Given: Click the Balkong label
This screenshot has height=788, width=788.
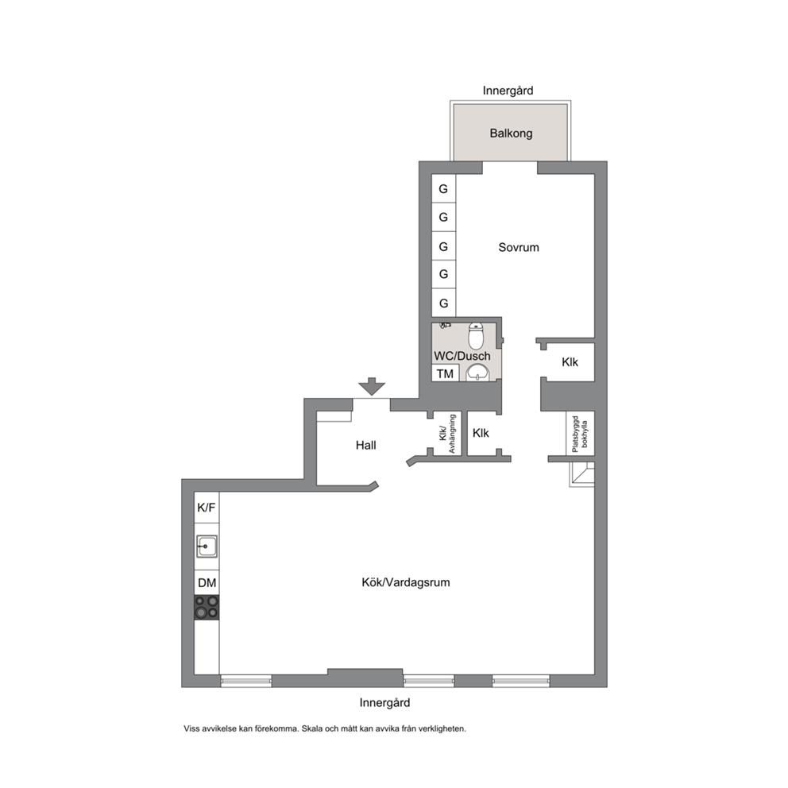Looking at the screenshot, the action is (x=511, y=133).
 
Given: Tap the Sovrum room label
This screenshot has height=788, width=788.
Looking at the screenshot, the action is (x=518, y=247).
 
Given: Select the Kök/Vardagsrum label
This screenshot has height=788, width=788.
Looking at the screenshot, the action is (x=406, y=582).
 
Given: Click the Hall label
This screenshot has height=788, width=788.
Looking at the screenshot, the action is (x=365, y=445).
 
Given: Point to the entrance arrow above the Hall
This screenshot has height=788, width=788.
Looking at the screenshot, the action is (x=372, y=387).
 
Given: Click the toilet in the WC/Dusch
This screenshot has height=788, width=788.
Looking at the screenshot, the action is (x=476, y=336).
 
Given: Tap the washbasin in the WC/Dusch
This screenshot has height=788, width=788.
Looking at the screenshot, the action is (x=477, y=373).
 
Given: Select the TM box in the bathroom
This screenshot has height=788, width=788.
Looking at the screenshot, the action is (x=445, y=373).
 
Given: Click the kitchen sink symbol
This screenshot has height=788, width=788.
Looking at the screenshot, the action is (x=207, y=547).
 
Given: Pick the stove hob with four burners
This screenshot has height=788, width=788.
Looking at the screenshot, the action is (x=207, y=607).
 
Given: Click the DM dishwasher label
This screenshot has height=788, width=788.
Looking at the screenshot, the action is (x=207, y=583).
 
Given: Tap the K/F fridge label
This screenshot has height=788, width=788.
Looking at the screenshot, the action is (x=206, y=508).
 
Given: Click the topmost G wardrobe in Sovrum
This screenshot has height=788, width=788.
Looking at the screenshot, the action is (x=443, y=189).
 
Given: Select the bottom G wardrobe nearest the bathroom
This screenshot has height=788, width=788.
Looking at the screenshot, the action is (x=443, y=303).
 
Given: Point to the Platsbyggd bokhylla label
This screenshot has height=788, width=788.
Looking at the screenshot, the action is (x=579, y=433).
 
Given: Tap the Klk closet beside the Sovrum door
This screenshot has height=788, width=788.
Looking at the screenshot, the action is (x=570, y=362).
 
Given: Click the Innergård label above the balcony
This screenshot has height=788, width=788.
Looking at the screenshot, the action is (x=508, y=91).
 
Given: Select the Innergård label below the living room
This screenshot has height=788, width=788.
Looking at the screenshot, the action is (x=384, y=702).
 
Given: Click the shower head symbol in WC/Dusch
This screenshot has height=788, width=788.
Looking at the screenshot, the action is (x=445, y=326).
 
